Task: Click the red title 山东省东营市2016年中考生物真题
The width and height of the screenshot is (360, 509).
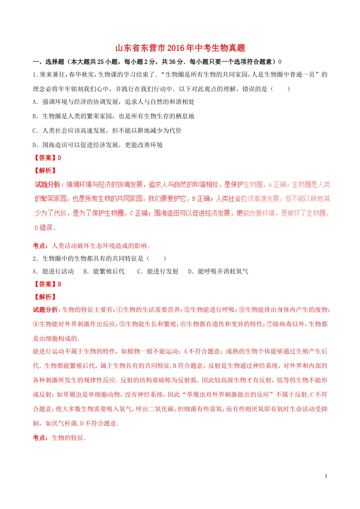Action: [180, 48]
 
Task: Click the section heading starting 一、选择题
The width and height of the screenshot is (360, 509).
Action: [157, 62]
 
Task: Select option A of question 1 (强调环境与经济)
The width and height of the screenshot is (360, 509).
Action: [113, 102]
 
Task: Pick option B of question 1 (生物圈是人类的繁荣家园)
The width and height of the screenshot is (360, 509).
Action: [113, 116]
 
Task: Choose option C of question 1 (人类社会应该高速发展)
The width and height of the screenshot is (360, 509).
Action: [107, 131]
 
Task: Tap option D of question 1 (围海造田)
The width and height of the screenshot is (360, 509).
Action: [97, 145]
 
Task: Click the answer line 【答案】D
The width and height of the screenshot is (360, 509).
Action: [47, 158]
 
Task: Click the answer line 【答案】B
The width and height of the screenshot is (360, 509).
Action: [47, 284]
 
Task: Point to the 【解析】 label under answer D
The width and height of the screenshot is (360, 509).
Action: [45, 171]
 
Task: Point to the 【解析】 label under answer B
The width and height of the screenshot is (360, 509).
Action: [45, 297]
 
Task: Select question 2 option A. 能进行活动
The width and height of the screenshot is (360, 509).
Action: [53, 272]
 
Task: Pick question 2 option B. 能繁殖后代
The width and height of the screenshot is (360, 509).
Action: [104, 272]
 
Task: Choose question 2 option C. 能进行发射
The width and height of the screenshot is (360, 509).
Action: [158, 272]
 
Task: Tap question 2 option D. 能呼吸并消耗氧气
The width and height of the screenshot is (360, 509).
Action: [218, 272]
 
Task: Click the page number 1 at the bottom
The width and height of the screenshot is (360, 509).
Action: [326, 476]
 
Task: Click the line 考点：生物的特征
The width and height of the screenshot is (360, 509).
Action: [59, 438]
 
